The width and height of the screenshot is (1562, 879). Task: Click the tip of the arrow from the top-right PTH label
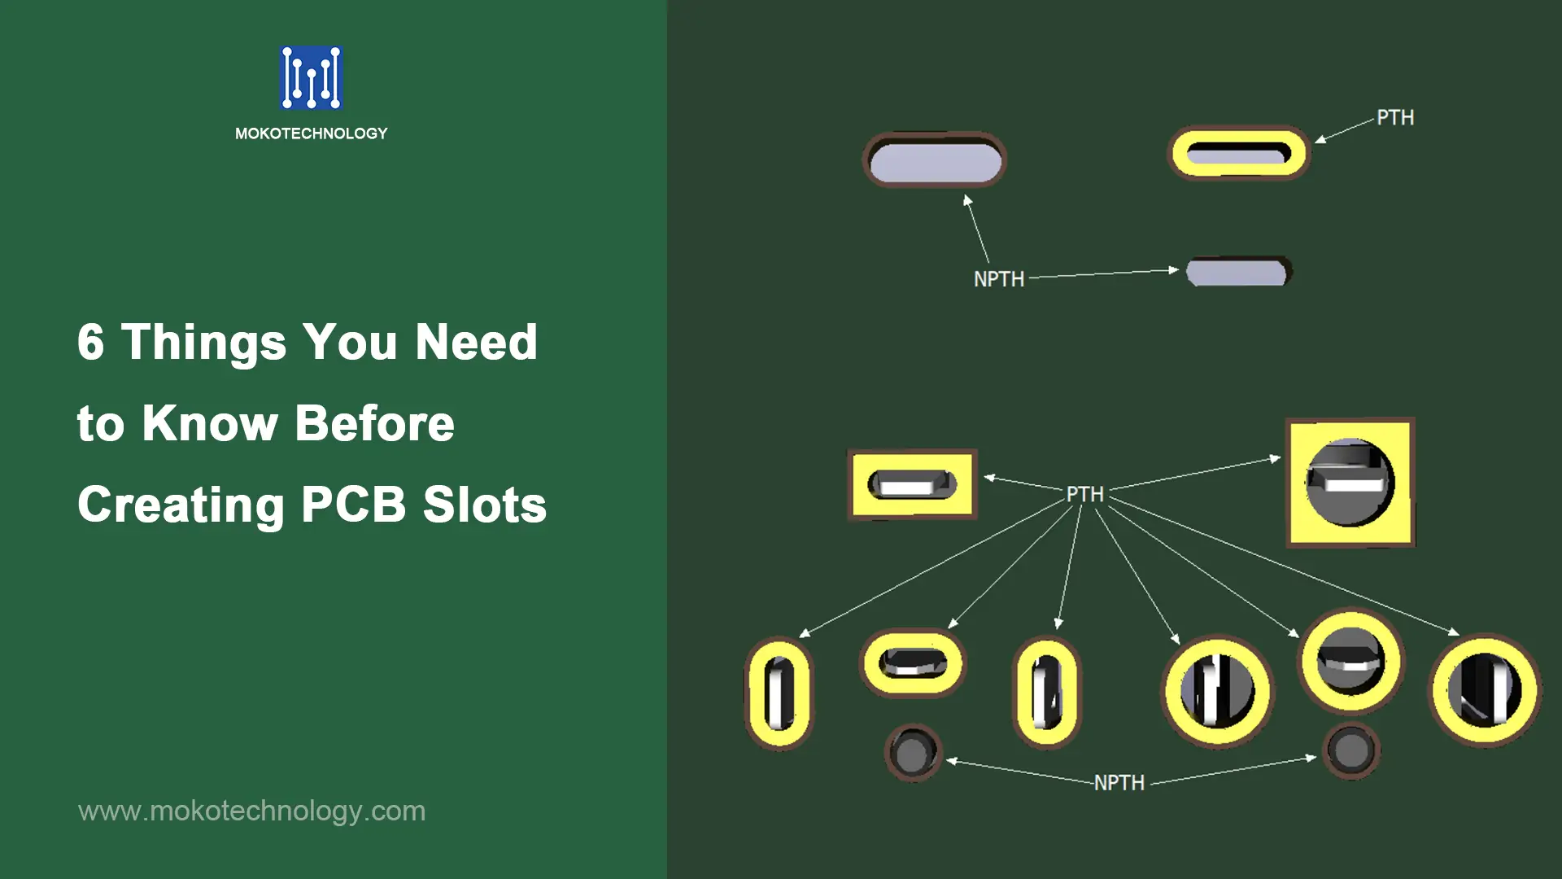tap(1315, 143)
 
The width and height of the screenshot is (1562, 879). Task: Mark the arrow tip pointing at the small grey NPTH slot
tap(1179, 269)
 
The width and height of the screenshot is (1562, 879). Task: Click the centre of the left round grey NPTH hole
tap(913, 753)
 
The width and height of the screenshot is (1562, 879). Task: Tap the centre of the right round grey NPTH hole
tap(1351, 750)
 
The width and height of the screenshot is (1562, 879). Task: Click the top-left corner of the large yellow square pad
tap(1287, 420)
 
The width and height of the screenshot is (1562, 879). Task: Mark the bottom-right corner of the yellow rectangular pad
tap(975, 517)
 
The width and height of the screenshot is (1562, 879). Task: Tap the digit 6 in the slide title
tap(91, 342)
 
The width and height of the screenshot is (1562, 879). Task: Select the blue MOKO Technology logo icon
tap(312, 78)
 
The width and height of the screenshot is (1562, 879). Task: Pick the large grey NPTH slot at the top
tap(935, 160)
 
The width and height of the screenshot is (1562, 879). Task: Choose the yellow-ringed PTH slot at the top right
tap(1238, 153)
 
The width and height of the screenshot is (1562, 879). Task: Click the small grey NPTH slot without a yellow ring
tap(1238, 272)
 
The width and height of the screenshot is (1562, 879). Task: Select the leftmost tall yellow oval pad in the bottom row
tap(779, 693)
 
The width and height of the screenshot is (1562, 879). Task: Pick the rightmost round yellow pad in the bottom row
tap(1486, 690)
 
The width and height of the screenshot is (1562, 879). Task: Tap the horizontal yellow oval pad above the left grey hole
tap(913, 663)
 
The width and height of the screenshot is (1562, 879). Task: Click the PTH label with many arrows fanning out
tap(1085, 494)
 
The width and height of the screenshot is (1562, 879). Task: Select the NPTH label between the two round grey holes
tap(1119, 783)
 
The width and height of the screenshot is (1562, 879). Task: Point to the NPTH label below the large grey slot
tap(999, 279)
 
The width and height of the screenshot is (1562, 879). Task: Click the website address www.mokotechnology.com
tap(252, 811)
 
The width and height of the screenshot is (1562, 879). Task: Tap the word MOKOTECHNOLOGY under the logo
tap(312, 133)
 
